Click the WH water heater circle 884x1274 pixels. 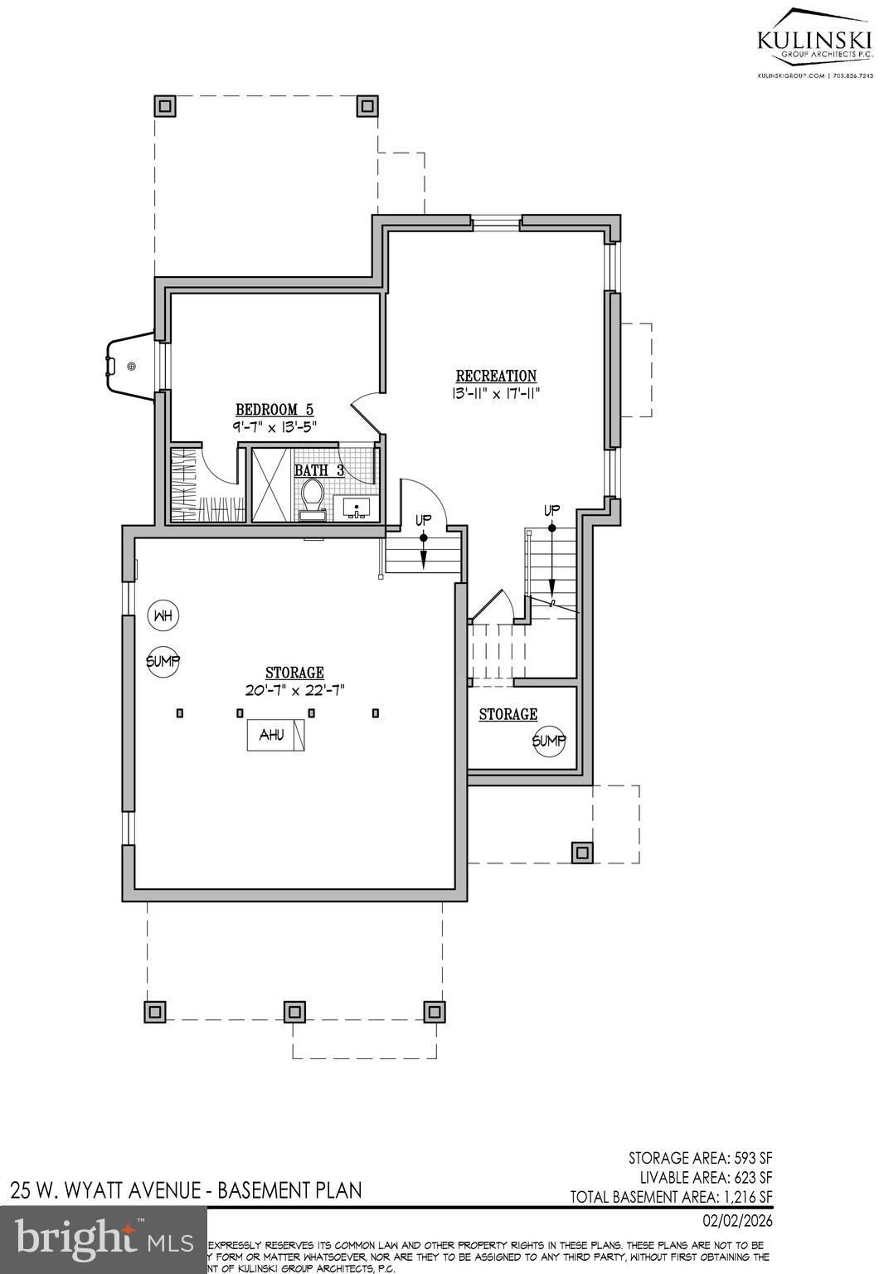(x=163, y=615)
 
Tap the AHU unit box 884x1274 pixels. (x=275, y=735)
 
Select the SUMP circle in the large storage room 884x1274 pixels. (x=163, y=661)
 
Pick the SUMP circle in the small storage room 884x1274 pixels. (x=548, y=741)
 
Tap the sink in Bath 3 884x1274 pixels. (x=357, y=508)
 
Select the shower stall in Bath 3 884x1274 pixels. (x=271, y=484)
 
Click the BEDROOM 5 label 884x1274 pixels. (x=274, y=409)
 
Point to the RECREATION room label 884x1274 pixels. (x=496, y=376)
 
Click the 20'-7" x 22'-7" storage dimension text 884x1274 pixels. (x=294, y=689)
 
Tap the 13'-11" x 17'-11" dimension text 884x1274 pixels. (x=496, y=394)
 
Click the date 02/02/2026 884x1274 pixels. (x=737, y=1220)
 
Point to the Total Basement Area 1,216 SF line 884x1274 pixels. (x=671, y=1197)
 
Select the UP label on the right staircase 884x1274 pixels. (x=551, y=509)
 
